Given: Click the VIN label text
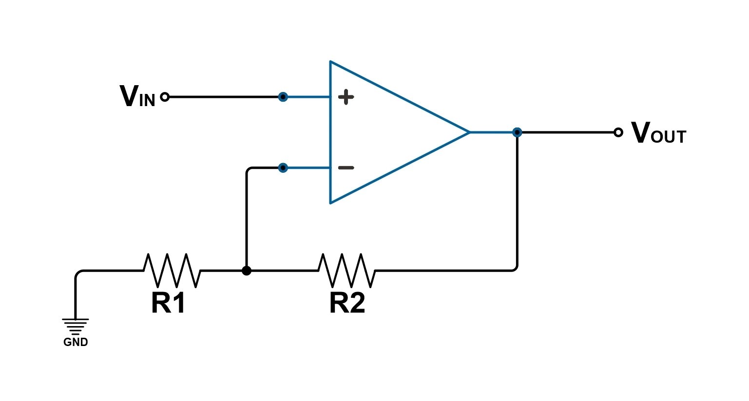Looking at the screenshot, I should pyautogui.click(x=137, y=97).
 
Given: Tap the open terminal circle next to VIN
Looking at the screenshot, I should pyautogui.click(x=165, y=97).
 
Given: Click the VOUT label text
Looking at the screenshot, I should pyautogui.click(x=658, y=133).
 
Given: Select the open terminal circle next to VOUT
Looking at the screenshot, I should pyautogui.click(x=618, y=132).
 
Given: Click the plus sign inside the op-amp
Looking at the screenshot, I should pyautogui.click(x=346, y=97).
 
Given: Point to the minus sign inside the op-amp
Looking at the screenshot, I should pyautogui.click(x=346, y=168).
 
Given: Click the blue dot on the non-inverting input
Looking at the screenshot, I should pyautogui.click(x=283, y=97).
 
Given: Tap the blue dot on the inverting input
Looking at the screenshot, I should pyautogui.click(x=283, y=168).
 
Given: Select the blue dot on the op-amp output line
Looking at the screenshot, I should pyautogui.click(x=517, y=132).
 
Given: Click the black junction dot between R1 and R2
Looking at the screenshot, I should pyautogui.click(x=247, y=271).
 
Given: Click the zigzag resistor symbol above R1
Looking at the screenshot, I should pyautogui.click(x=172, y=270).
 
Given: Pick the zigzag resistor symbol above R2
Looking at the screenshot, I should pyautogui.click(x=346, y=270).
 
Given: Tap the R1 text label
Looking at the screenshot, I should pyautogui.click(x=168, y=303).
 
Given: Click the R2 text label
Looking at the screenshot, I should pyautogui.click(x=347, y=303).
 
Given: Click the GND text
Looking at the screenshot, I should pyautogui.click(x=76, y=342).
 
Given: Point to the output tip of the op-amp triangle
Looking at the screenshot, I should pyautogui.click(x=469, y=132).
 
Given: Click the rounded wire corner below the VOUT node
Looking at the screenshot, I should pyautogui.click(x=515, y=269).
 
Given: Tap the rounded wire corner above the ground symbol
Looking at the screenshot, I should pyautogui.click(x=77, y=273).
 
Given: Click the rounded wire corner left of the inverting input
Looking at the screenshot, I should pyautogui.click(x=249, y=170).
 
